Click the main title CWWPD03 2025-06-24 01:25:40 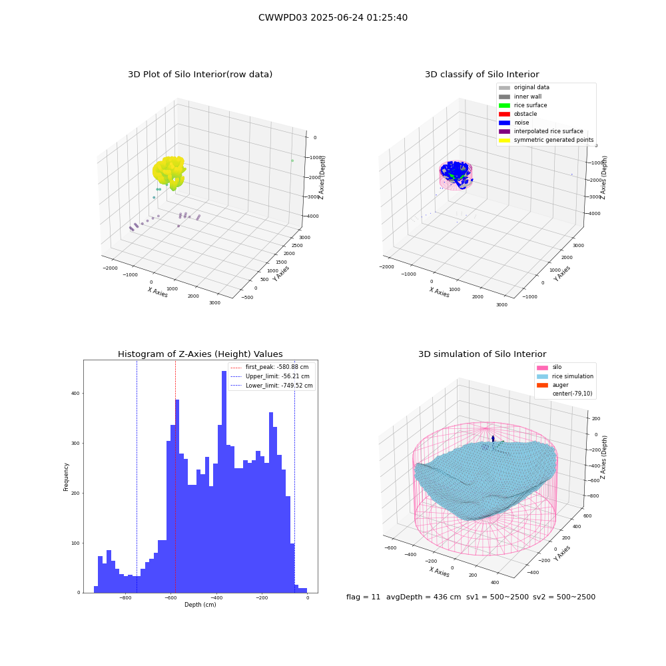[333, 17]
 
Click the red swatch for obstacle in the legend [504, 114]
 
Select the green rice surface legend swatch [504, 105]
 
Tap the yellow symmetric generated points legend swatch [504, 140]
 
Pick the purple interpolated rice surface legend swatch [504, 131]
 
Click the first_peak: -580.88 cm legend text [277, 367]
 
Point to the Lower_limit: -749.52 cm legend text [279, 386]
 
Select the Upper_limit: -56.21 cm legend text [277, 376]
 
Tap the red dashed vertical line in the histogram [175, 476]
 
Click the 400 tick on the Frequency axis [76, 394]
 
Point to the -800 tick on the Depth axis [125, 597]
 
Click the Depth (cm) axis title [200, 605]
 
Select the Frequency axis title [66, 477]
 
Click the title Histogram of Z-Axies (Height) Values [200, 354]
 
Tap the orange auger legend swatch [542, 385]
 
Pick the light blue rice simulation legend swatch [542, 376]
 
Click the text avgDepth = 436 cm [424, 597]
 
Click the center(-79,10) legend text [572, 394]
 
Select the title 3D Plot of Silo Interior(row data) [200, 75]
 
